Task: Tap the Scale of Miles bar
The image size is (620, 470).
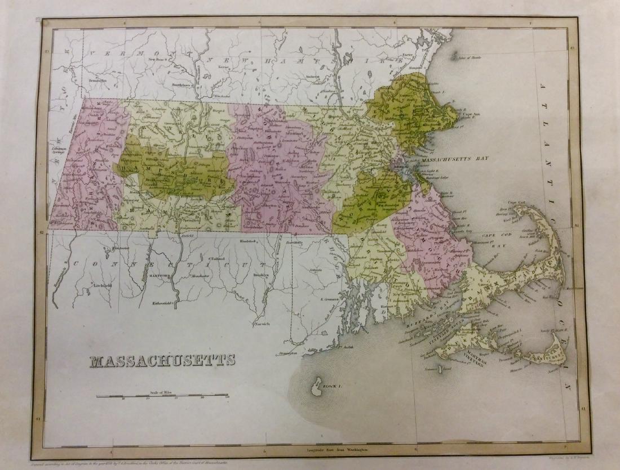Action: [x=162, y=396]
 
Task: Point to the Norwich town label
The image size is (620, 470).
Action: [x=263, y=324]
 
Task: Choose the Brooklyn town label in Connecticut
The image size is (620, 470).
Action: [x=261, y=274]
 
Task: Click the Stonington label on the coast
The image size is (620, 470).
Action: [x=287, y=353]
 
